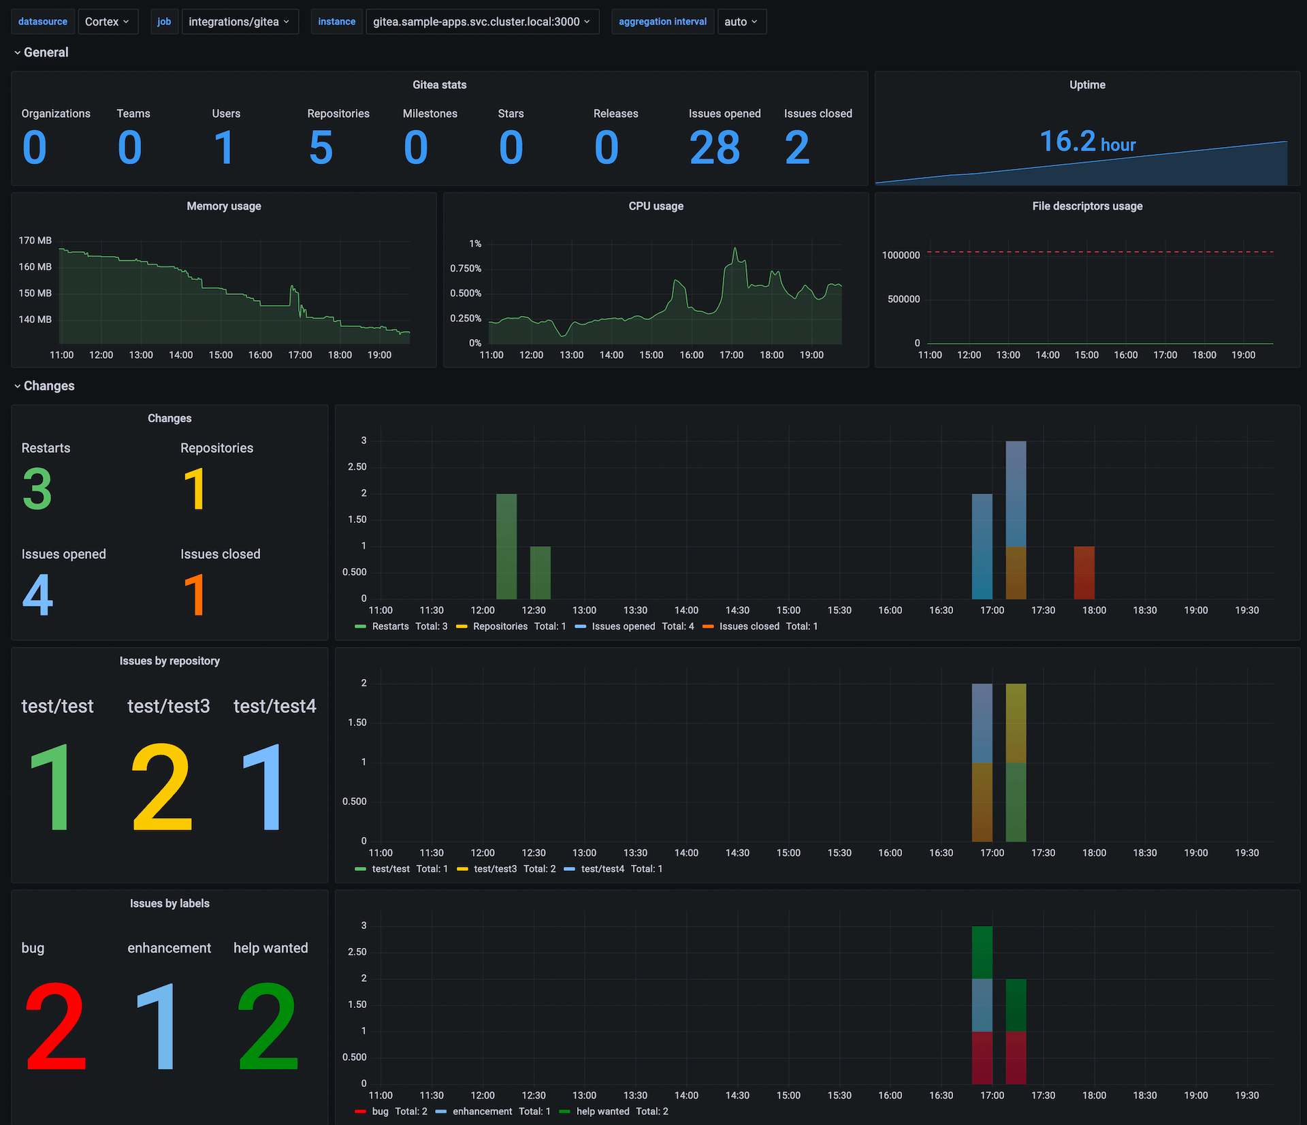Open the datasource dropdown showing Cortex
tap(108, 22)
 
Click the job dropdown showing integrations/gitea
tap(239, 22)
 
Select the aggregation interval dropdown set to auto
tap(741, 22)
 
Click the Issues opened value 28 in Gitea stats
tap(714, 148)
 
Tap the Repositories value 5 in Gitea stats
tap(321, 148)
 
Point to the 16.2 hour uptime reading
tap(1086, 142)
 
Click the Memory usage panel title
tap(224, 206)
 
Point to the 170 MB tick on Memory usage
tap(35, 240)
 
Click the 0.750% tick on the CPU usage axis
tap(466, 268)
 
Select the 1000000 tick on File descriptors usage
tap(901, 255)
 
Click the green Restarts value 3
tap(37, 489)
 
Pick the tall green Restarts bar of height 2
tap(506, 546)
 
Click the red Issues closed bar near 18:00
tap(1084, 573)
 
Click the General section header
tap(46, 52)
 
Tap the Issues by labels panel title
tap(170, 904)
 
